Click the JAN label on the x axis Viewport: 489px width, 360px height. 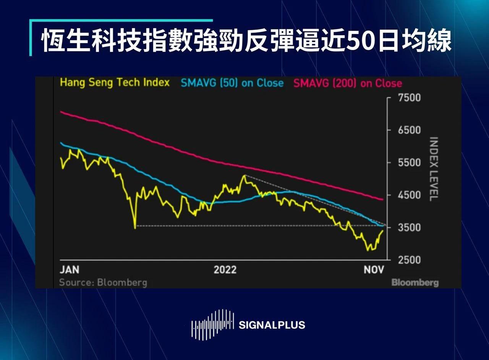click(x=70, y=270)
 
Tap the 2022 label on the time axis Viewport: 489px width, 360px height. click(x=225, y=270)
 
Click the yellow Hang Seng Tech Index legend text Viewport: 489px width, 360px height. click(x=115, y=83)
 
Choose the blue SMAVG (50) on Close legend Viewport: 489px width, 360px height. click(x=232, y=83)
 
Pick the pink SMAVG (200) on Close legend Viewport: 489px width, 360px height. click(x=348, y=83)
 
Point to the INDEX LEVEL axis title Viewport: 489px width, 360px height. click(x=434, y=169)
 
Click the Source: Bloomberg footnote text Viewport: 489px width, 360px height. click(x=103, y=283)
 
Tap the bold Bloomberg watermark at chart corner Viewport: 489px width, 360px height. click(x=415, y=283)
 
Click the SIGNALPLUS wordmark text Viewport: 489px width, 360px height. click(x=272, y=325)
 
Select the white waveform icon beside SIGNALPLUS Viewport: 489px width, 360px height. click(x=213, y=325)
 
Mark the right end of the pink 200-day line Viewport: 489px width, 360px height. click(x=383, y=199)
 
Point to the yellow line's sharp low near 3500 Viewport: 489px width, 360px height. click(x=135, y=228)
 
